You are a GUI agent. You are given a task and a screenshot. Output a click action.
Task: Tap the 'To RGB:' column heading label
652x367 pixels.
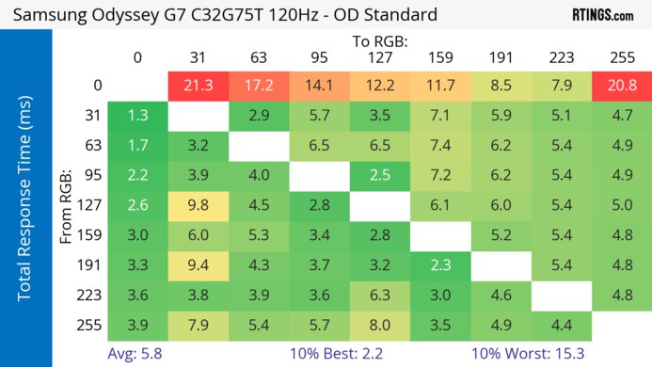[380, 41]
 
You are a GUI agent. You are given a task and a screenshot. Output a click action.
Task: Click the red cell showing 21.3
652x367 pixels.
[199, 86]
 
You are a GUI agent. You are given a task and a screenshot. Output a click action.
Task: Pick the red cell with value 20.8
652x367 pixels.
[622, 86]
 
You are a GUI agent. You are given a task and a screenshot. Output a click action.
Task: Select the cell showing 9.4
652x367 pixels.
[199, 265]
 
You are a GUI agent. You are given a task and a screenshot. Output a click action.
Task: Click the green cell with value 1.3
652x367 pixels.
[137, 116]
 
